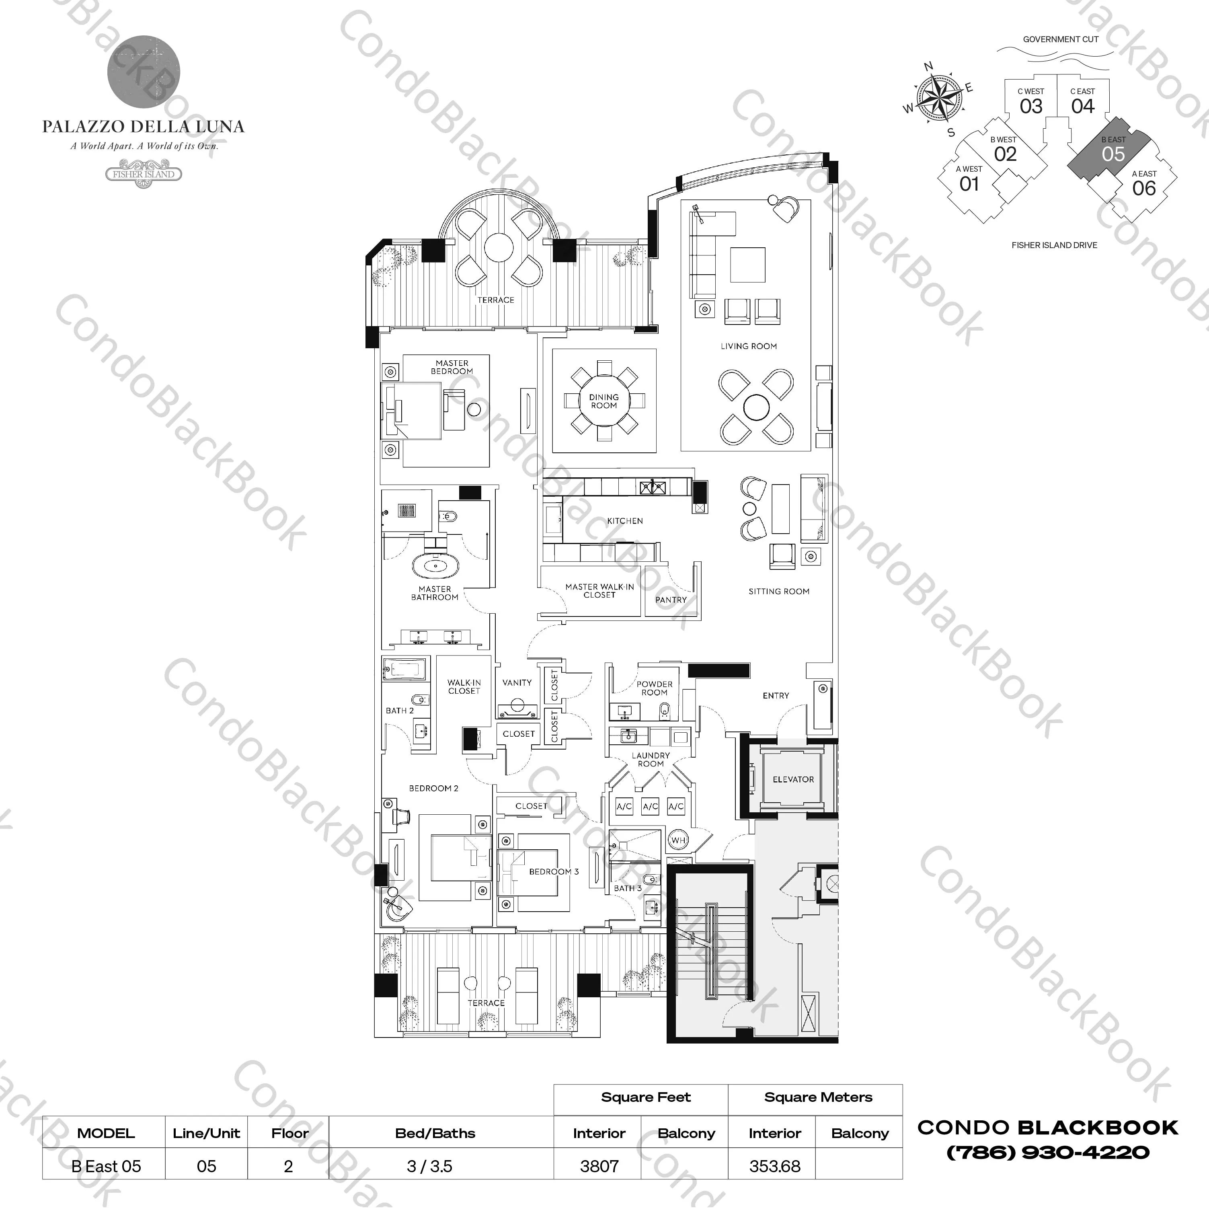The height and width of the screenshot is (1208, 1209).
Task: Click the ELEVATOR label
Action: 793,779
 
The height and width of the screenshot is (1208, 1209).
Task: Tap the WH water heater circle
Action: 678,840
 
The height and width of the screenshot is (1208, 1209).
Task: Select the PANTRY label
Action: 671,600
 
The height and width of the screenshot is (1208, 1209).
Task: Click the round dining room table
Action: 604,401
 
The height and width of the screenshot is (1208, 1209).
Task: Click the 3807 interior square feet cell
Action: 599,1166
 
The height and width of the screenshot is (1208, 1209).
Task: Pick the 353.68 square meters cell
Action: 774,1166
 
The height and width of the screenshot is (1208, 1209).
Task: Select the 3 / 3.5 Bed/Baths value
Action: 429,1166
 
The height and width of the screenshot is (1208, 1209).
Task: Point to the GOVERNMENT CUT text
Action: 1060,39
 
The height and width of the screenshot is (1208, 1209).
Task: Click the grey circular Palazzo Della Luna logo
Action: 144,71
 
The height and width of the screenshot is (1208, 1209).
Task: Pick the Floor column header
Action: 289,1133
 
